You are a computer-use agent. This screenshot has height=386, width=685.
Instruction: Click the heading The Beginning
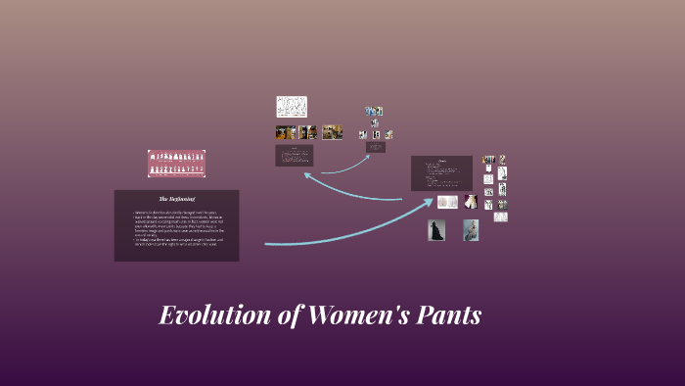pos(177,199)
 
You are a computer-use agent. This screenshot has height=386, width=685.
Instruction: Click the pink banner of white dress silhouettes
pos(176,163)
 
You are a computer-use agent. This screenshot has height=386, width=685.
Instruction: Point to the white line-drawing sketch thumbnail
pos(292,106)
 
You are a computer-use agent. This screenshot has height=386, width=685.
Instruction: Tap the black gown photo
pos(436,230)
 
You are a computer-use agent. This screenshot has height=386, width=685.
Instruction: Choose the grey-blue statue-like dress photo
pos(471,230)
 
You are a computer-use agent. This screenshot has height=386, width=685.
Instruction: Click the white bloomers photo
pos(447,202)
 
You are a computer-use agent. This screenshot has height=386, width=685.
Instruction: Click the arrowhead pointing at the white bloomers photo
pos(429,202)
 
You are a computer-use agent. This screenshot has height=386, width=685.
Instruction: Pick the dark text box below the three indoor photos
pos(295,156)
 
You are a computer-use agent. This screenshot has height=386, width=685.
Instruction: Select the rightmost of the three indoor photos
pos(333,132)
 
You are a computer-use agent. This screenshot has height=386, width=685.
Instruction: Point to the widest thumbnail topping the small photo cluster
pos(374,111)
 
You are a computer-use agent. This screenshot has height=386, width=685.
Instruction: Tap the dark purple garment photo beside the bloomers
pos(470,201)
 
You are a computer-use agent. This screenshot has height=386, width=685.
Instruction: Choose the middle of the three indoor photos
pos(308,132)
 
